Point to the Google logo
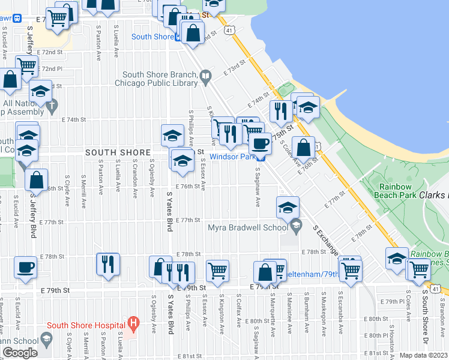[x=20, y=352]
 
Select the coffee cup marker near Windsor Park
[x=260, y=143]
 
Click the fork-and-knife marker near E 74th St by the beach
[x=280, y=110]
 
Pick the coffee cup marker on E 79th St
[x=25, y=268]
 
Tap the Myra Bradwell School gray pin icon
[x=295, y=226]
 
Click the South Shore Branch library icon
[x=206, y=76]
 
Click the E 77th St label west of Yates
[x=53, y=222]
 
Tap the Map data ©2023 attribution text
[x=423, y=356]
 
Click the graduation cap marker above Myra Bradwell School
[x=288, y=207]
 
